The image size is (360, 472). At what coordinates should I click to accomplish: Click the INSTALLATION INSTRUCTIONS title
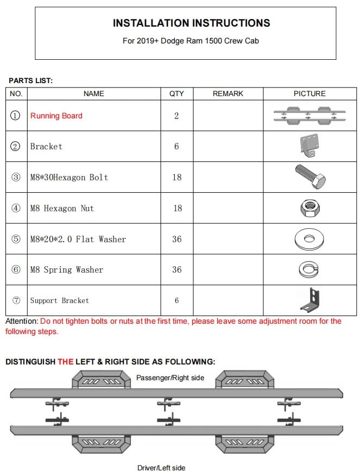tap(191, 23)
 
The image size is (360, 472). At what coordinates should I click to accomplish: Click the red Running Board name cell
tap(56, 116)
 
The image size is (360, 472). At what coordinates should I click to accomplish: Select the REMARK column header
tap(228, 93)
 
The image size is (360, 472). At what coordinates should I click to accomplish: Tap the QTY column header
tap(176, 93)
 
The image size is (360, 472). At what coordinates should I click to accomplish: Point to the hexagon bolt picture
tap(310, 176)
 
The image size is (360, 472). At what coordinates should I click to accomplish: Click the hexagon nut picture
tap(310, 207)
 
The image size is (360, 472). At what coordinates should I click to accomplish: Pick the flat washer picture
tap(310, 238)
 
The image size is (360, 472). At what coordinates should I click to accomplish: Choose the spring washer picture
tap(310, 269)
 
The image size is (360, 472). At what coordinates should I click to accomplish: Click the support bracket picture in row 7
tap(310, 300)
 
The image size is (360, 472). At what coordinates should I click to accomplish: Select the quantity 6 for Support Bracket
tap(176, 300)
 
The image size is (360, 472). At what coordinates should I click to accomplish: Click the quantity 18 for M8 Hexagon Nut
tap(176, 208)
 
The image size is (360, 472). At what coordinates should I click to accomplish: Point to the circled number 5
tap(16, 239)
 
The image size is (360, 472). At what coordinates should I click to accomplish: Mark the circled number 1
tap(16, 116)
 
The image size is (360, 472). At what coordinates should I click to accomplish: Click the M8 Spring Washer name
tap(66, 270)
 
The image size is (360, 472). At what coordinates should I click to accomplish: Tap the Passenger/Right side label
tap(170, 377)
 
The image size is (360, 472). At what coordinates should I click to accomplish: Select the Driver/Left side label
tap(161, 467)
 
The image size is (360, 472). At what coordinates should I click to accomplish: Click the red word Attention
tap(21, 321)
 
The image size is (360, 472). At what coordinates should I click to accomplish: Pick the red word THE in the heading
tap(66, 361)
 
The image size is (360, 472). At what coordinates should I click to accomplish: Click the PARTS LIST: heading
tap(30, 80)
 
